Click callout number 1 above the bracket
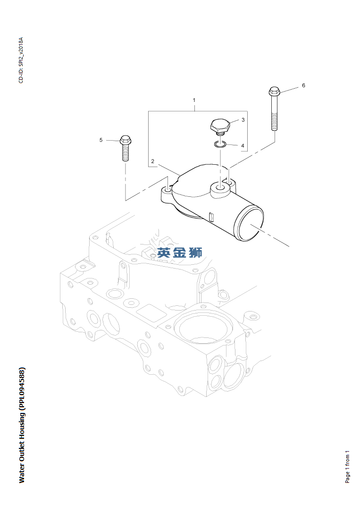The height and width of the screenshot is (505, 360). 194,101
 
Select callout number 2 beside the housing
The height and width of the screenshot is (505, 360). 152,161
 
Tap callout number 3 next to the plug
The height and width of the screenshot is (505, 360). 243,120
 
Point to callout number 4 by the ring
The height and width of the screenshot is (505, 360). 243,146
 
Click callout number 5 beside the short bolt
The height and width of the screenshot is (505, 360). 100,140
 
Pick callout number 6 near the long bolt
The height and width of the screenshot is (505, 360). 303,85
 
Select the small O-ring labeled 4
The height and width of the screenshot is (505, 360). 220,144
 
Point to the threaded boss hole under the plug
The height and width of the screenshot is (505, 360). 220,189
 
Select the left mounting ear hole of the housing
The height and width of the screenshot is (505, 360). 167,191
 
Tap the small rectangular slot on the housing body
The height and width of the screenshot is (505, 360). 211,217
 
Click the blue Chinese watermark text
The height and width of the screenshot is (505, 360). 180,253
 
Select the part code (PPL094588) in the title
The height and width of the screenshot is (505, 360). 22,388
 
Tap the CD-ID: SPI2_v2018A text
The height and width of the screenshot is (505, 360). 21,60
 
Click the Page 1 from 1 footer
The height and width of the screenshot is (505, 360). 348,466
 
